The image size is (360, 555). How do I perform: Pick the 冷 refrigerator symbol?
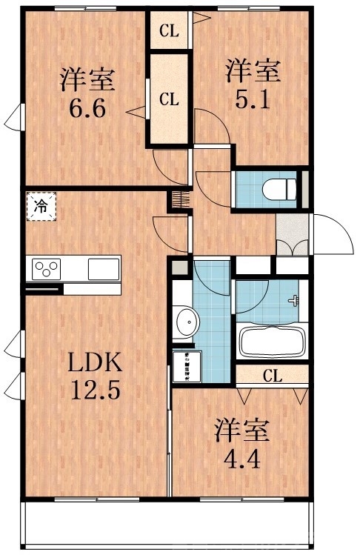pos(41,207)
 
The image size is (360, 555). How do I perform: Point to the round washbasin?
pos(188,323)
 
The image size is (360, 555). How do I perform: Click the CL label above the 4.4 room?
pos(273,376)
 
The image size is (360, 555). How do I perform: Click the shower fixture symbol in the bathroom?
pos(296,301)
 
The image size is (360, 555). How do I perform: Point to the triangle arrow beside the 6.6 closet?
pos(135,113)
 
